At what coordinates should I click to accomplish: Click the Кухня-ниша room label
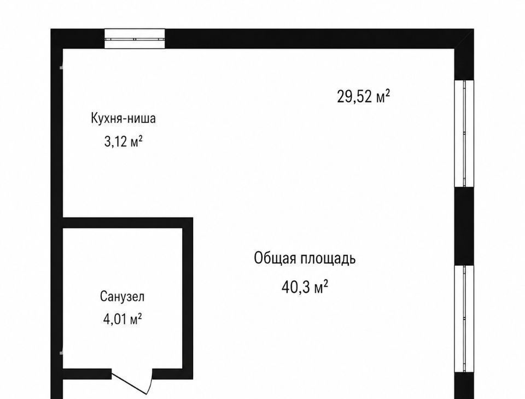(x=123, y=119)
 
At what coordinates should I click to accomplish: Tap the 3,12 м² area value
(x=123, y=142)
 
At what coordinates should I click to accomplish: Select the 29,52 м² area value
(x=363, y=96)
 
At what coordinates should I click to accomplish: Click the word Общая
(x=275, y=259)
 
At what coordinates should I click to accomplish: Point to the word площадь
(x=328, y=259)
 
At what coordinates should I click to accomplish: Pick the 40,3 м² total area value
(x=305, y=287)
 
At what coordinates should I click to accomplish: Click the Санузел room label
(x=122, y=297)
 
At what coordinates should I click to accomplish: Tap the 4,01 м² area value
(x=122, y=319)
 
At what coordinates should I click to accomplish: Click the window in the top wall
(x=135, y=39)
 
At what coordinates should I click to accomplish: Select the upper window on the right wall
(x=464, y=133)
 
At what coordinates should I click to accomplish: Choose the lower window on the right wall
(x=464, y=319)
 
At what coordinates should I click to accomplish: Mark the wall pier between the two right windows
(x=464, y=226)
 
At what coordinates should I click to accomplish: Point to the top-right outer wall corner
(x=474, y=30)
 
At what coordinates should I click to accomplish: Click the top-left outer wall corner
(x=51, y=30)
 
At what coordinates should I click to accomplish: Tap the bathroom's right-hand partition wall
(x=188, y=298)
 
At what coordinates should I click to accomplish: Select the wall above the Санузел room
(x=128, y=223)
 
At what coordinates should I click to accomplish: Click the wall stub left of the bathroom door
(x=87, y=374)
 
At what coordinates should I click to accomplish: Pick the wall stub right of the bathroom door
(x=173, y=374)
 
